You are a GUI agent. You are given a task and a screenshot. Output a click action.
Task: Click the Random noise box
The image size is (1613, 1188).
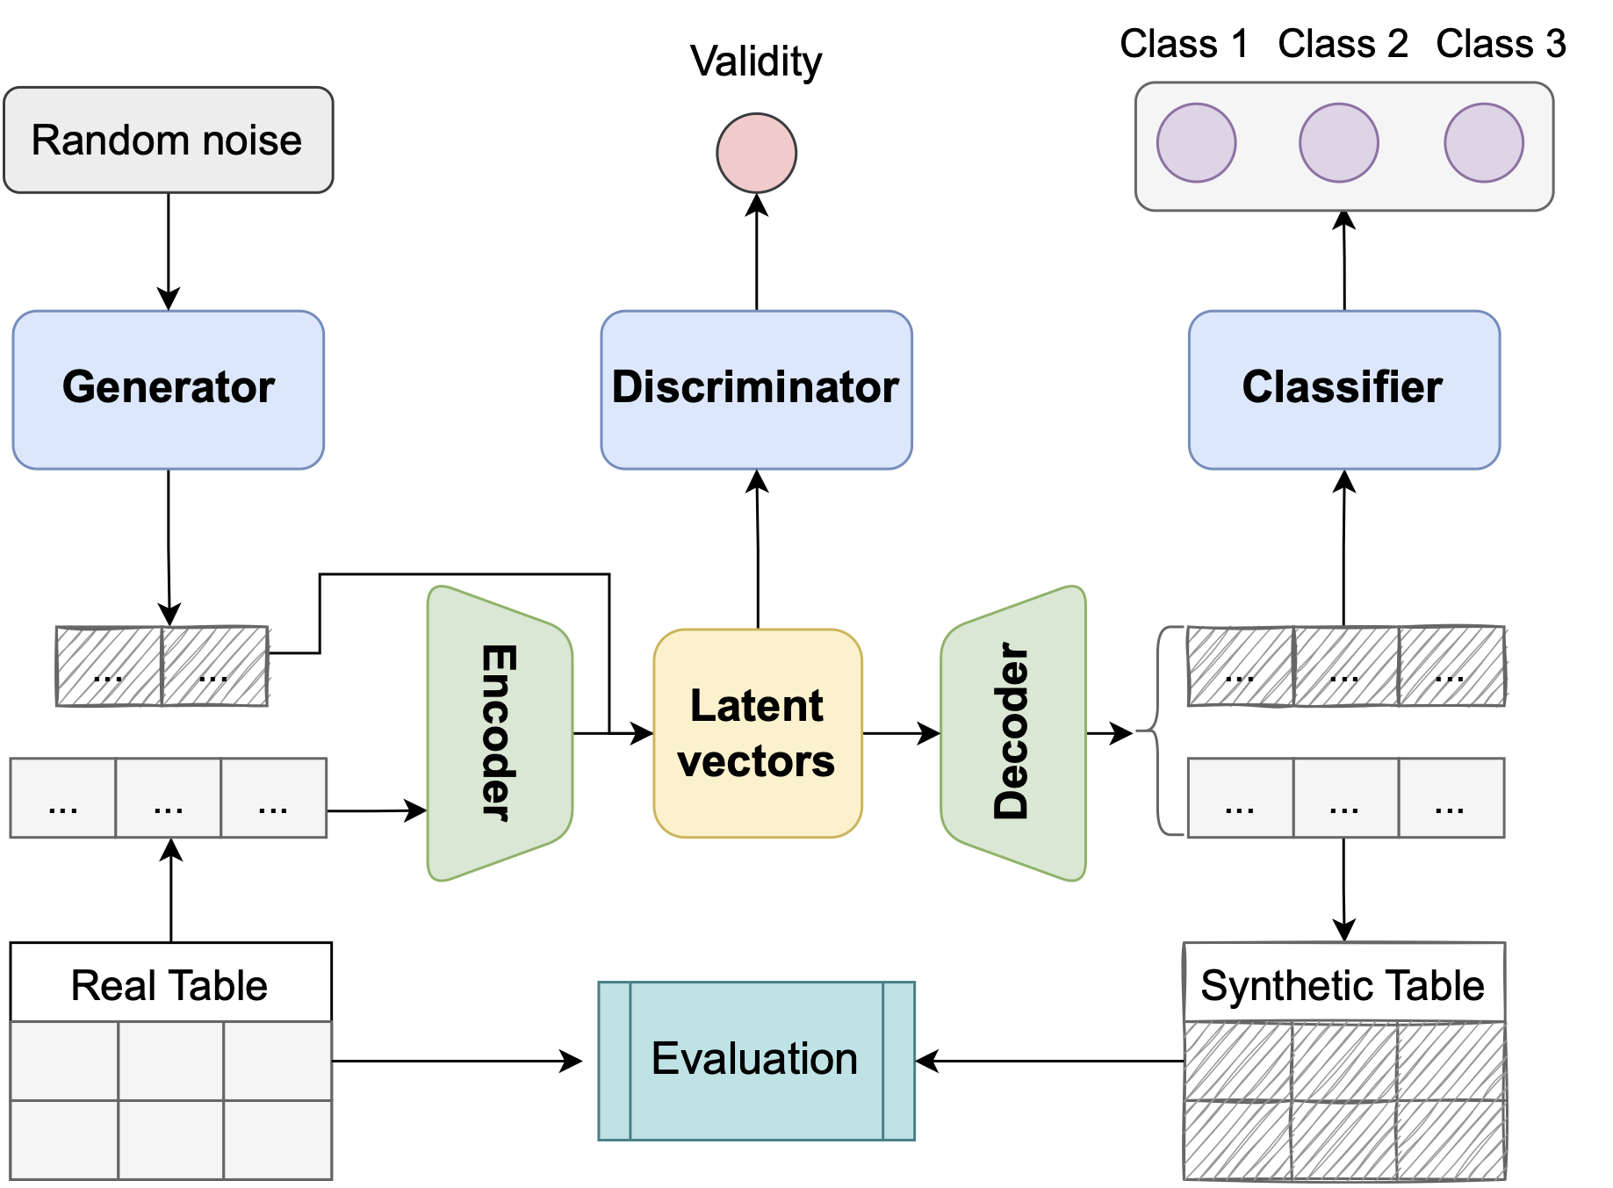(x=168, y=140)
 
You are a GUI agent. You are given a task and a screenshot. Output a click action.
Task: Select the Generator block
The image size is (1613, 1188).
(x=168, y=389)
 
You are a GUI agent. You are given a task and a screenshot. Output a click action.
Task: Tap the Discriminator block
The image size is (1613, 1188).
(x=756, y=389)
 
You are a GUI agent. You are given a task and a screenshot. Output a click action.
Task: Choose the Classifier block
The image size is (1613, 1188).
(x=1343, y=389)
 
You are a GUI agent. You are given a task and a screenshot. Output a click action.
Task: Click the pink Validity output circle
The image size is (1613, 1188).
(x=756, y=153)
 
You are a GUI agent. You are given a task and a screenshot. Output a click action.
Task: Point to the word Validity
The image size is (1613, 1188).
(x=756, y=61)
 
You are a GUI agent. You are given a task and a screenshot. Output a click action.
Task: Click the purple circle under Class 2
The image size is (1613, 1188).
(x=1338, y=143)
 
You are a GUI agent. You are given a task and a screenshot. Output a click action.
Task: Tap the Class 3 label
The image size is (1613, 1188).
(x=1501, y=44)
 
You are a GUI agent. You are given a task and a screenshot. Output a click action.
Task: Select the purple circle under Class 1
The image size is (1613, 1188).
(x=1196, y=143)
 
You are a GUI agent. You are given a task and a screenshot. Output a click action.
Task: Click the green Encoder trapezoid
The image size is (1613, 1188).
(x=498, y=733)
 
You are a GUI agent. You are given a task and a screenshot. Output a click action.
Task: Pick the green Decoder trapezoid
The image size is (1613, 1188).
(x=1014, y=733)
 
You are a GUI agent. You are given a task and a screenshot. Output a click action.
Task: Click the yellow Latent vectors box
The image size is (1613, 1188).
(x=757, y=733)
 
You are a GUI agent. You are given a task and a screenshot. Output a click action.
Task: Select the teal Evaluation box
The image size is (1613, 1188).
(x=756, y=1060)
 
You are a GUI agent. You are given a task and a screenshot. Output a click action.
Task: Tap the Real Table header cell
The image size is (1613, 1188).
(x=170, y=983)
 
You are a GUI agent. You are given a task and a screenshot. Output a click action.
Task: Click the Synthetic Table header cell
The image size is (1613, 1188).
(x=1343, y=983)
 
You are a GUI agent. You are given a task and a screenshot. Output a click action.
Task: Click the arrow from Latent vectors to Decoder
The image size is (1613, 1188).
(x=900, y=733)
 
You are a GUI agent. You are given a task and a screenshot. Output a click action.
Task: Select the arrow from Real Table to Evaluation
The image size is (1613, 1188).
(x=457, y=1061)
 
